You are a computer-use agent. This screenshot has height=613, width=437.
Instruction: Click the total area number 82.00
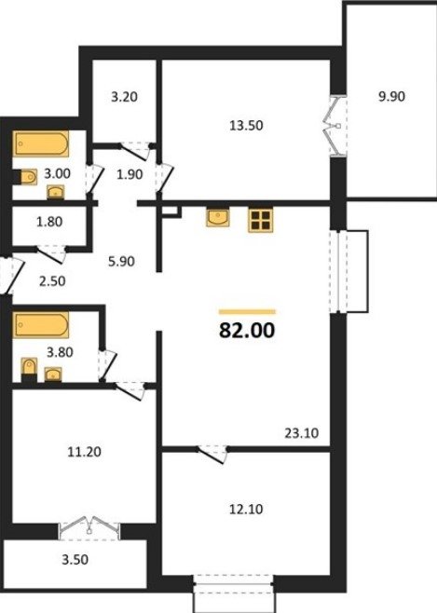247,331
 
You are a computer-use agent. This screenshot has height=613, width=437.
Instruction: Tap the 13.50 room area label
246,126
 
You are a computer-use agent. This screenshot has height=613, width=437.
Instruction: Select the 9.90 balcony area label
391,96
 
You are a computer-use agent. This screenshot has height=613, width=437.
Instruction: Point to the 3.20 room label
124,97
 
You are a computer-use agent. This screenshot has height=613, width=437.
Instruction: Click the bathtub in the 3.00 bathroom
41,143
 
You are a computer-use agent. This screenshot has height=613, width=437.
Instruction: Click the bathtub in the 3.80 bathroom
41,324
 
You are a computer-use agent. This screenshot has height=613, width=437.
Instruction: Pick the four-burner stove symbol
260,221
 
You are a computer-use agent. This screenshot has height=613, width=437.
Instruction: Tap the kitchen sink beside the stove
218,218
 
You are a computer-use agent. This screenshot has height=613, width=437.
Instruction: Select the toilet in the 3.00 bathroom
27,177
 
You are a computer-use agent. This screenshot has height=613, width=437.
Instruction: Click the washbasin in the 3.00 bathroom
56,192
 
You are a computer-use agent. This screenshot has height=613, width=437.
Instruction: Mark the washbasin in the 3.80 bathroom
53,375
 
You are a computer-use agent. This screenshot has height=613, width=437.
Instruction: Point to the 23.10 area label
301,433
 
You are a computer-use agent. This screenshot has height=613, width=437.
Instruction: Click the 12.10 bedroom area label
246,509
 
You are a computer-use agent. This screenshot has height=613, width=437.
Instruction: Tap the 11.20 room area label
85,452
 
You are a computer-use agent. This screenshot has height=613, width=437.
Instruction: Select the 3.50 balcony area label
75,560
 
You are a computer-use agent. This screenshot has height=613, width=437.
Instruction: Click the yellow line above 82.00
248,312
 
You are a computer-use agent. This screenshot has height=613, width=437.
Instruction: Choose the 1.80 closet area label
49,222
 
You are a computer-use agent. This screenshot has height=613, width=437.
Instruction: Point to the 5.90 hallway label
121,261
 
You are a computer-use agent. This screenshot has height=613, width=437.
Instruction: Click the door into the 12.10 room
212,454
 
